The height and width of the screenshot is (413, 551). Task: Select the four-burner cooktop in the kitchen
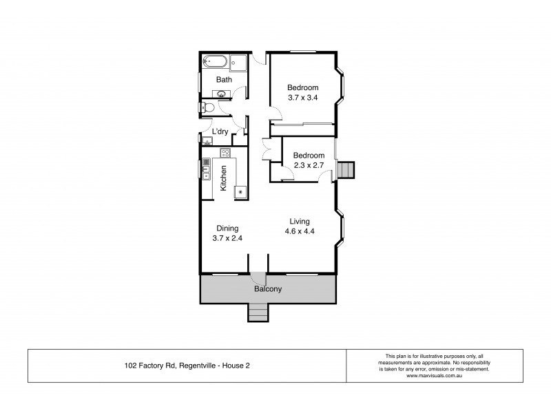tap(225, 153)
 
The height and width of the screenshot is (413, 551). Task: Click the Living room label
tap(300, 221)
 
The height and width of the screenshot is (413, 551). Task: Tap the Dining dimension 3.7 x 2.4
tap(228, 238)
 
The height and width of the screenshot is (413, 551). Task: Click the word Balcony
tap(268, 289)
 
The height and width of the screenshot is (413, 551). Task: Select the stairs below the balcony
tap(258, 313)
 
